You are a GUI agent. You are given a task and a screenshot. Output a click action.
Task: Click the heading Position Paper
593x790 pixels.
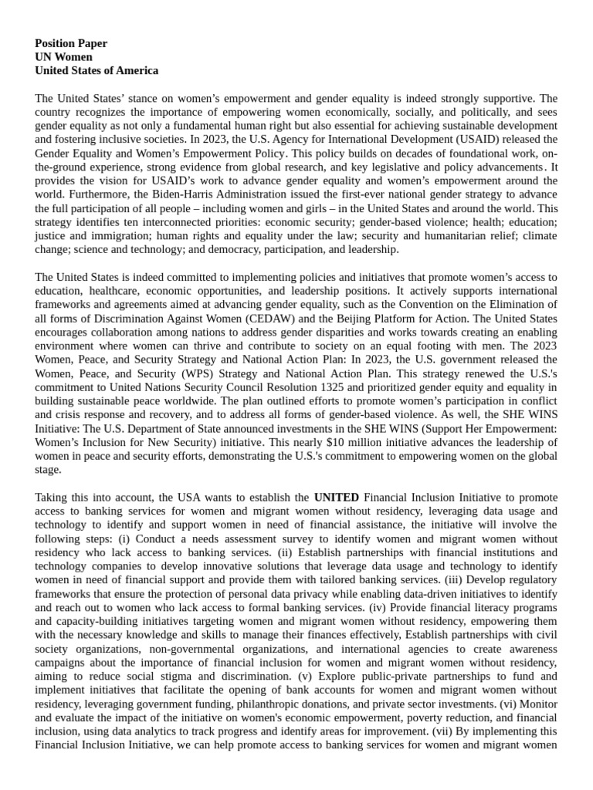[71, 43]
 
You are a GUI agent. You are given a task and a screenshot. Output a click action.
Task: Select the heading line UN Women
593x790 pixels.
[63, 57]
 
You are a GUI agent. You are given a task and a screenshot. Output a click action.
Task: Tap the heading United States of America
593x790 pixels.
[97, 70]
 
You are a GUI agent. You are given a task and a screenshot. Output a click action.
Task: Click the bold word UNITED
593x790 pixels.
[336, 498]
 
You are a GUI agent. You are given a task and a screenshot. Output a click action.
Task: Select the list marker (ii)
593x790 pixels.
[286, 552]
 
